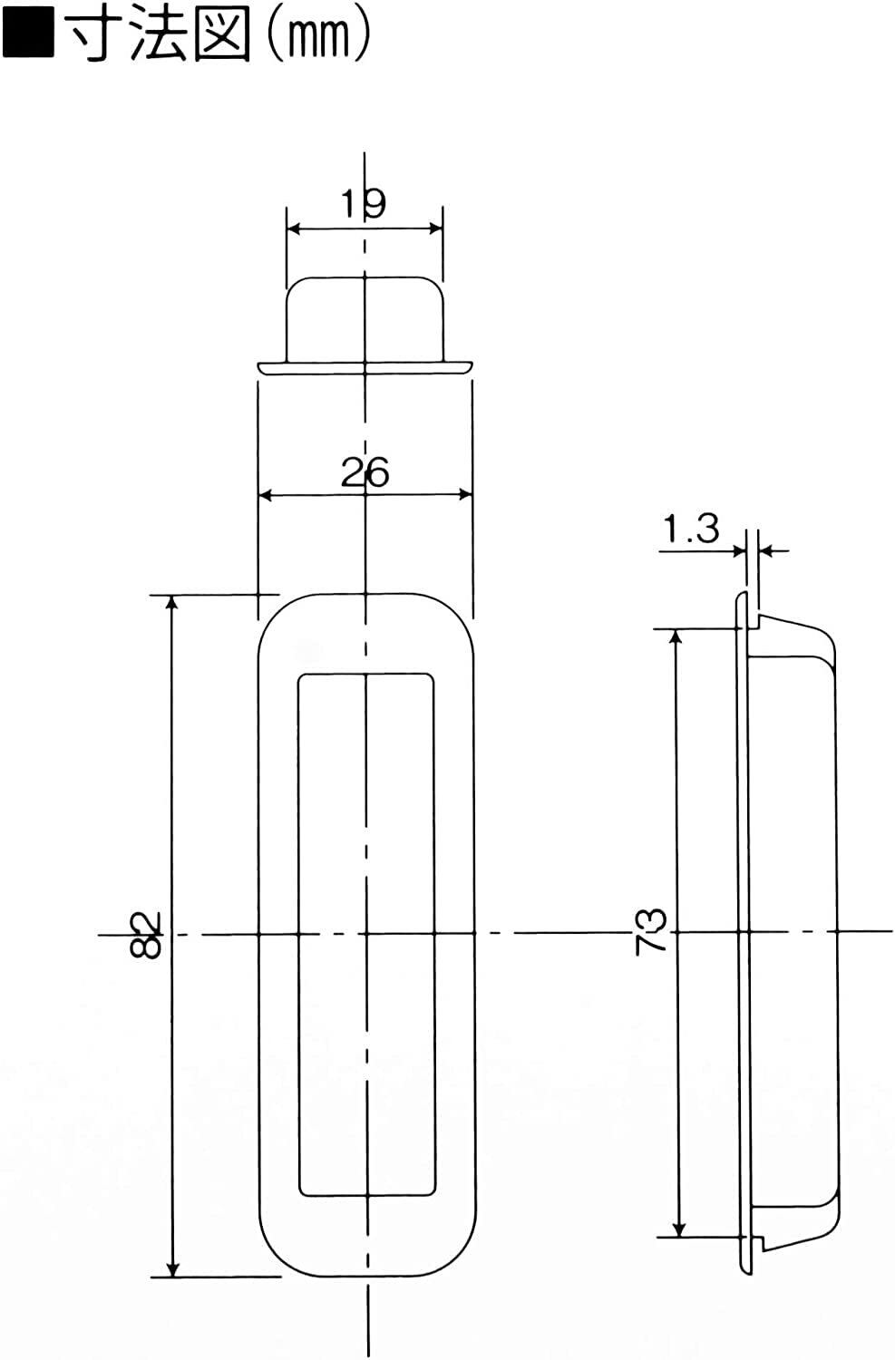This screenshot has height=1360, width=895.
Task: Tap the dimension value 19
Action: click(x=363, y=203)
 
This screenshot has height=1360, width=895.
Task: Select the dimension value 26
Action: click(x=365, y=471)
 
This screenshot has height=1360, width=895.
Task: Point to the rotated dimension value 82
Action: click(x=146, y=934)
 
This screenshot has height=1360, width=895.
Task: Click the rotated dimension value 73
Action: click(x=651, y=932)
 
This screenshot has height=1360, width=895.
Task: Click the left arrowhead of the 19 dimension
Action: click(x=294, y=228)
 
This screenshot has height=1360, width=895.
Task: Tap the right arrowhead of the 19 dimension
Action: click(x=435, y=228)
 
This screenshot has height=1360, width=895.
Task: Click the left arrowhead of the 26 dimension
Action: click(x=266, y=495)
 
